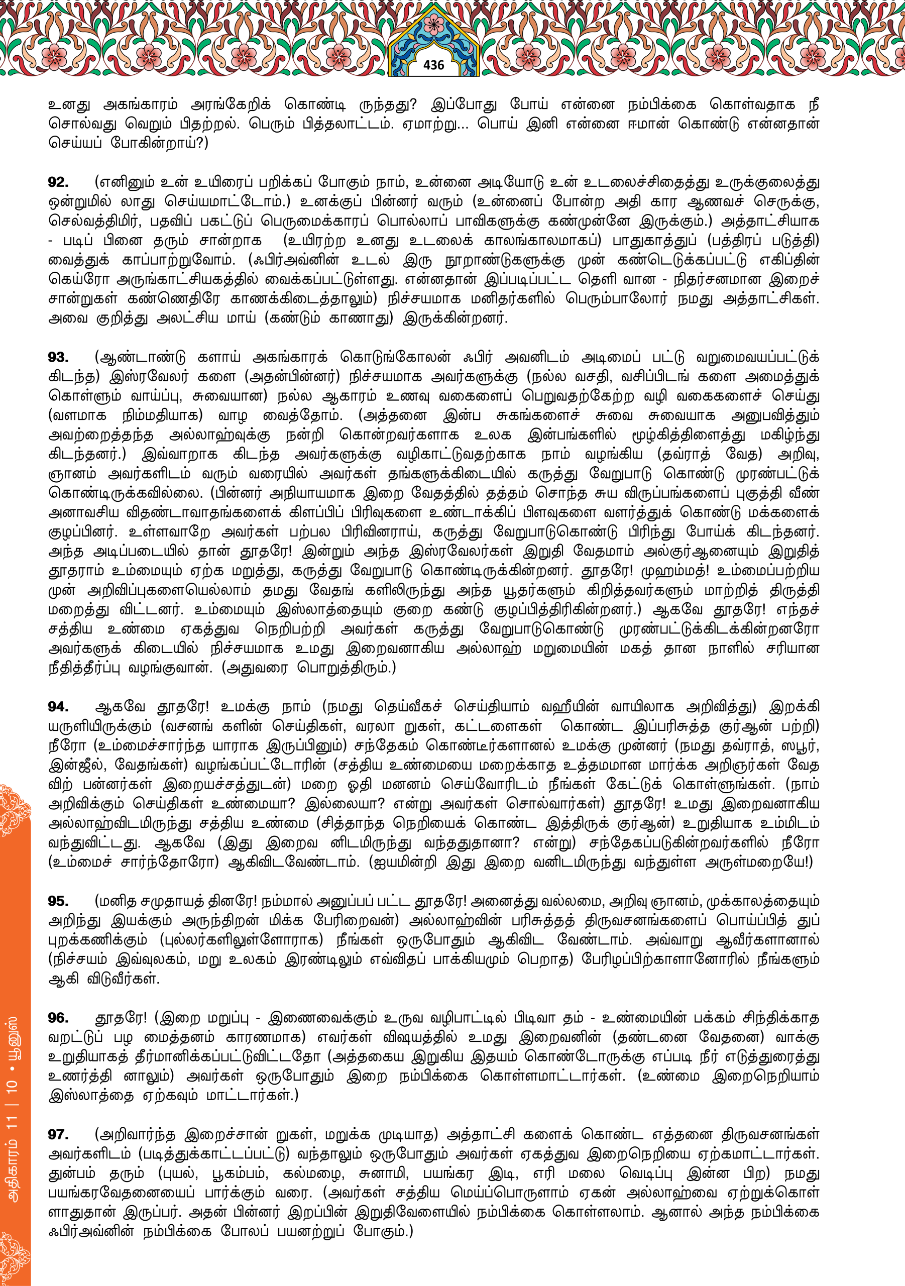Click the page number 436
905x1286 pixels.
point(433,65)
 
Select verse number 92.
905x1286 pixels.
point(58,182)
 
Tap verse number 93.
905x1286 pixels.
point(58,357)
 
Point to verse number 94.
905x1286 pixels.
point(58,707)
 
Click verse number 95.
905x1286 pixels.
point(58,901)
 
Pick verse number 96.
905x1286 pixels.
point(58,1018)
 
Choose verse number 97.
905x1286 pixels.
point(58,1135)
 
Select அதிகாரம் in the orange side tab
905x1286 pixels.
point(14,1168)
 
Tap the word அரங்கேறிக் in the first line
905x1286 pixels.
point(231,104)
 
